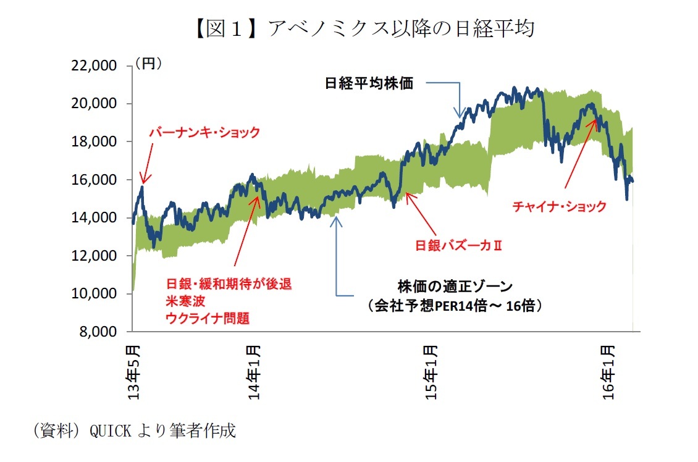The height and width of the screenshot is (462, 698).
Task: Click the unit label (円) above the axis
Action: (148, 63)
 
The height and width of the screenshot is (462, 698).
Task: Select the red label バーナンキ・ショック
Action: (204, 132)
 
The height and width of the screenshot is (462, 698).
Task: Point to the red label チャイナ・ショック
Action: (559, 207)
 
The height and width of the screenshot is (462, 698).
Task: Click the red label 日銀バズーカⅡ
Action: (458, 246)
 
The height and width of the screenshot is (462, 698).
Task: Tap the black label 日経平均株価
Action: (369, 83)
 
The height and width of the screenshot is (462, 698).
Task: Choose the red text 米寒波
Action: (183, 301)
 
